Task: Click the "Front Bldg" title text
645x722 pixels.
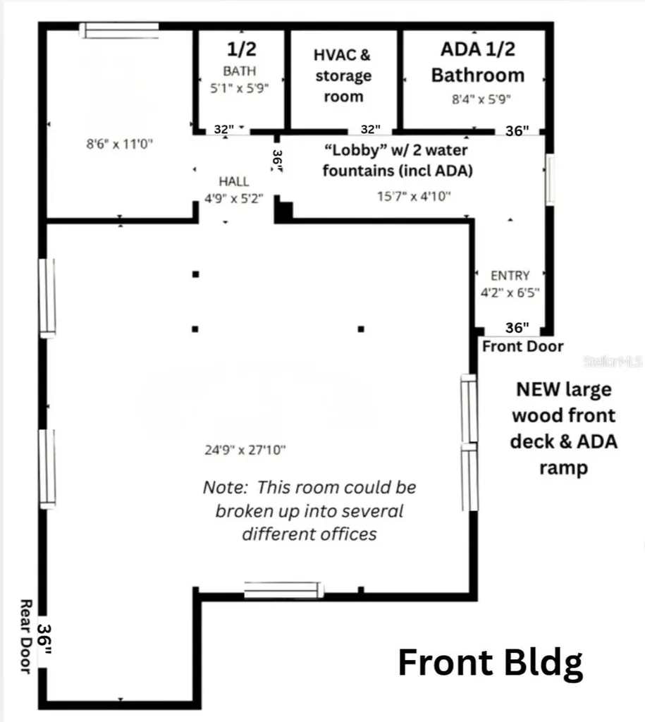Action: tap(491, 663)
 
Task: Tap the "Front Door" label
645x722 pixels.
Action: tap(522, 346)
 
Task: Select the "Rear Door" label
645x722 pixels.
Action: tap(26, 637)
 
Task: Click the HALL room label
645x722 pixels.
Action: tap(234, 181)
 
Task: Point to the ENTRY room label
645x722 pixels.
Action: tap(510, 276)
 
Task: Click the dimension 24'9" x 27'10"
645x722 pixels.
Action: tap(245, 449)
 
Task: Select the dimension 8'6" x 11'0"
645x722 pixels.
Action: tap(119, 144)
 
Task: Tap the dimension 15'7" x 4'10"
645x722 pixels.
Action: tap(414, 196)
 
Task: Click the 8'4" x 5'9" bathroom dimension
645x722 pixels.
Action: tap(481, 99)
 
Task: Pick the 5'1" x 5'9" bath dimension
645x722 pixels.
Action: tap(240, 87)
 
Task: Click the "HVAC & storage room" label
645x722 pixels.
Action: tap(343, 75)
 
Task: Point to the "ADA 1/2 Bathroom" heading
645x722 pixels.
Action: tap(478, 62)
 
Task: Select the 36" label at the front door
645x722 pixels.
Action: tap(517, 327)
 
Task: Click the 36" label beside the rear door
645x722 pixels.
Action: tap(44, 638)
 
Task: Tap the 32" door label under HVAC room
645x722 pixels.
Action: tap(370, 129)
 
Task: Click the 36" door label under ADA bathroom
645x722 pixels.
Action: tap(517, 130)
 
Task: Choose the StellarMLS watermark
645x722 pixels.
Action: tap(613, 361)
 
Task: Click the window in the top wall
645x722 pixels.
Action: tap(119, 30)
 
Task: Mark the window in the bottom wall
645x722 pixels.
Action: tap(283, 590)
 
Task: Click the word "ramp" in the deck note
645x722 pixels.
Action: tap(563, 468)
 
